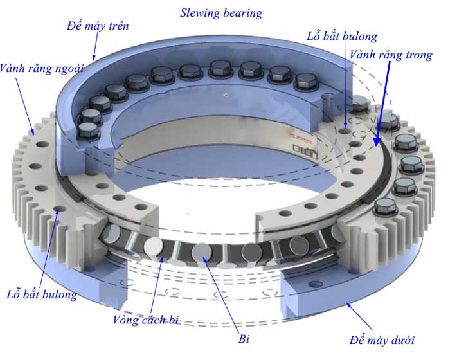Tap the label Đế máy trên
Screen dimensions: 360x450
click(x=97, y=26)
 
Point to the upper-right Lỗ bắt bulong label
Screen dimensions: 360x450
click(x=343, y=37)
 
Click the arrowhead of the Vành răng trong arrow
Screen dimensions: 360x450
click(x=375, y=139)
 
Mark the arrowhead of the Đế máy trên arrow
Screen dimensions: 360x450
click(x=94, y=59)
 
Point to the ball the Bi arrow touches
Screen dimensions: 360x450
click(x=199, y=254)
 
